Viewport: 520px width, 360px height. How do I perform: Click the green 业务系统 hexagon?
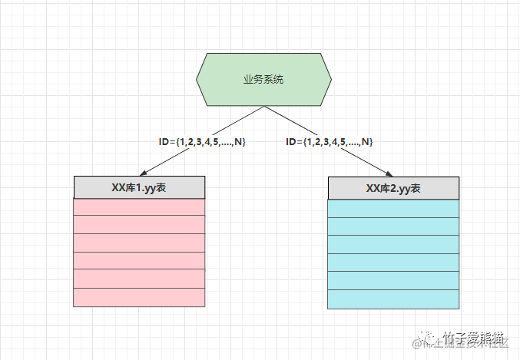pos(263,80)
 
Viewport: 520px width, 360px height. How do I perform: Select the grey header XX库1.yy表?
pos(139,187)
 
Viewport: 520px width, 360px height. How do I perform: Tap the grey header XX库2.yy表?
pos(393,187)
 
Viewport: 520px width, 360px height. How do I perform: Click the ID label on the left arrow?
pos(201,142)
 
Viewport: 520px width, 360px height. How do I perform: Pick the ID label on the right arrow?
pos(329,142)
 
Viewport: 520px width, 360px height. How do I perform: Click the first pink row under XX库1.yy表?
pos(139,206)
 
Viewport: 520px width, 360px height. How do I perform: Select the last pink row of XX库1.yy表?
pos(139,298)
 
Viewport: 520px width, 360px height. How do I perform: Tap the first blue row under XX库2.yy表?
pos(393,208)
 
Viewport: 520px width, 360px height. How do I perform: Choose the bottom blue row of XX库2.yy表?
pos(393,299)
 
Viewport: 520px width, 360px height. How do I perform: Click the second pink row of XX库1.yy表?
pos(139,224)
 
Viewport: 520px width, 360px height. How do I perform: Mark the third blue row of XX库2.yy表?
pos(393,244)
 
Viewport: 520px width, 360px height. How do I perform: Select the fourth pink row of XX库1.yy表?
pos(139,261)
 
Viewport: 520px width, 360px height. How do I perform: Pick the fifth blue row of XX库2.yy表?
pos(393,281)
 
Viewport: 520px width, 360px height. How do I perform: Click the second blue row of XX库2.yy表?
pos(393,226)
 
